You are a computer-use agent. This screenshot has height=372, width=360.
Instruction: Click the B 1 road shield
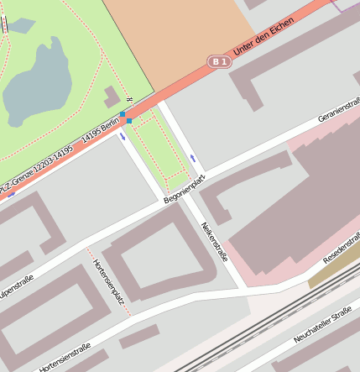219,62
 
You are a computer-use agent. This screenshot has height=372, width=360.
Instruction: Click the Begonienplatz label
185,191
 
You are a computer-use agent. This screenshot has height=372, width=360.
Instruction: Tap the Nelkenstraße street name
215,242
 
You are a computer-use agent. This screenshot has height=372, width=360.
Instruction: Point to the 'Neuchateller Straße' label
323,326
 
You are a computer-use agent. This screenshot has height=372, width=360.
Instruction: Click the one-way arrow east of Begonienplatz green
195,158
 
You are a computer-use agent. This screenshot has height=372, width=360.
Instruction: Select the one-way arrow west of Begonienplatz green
123,135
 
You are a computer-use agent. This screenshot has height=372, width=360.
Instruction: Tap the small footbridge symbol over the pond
8,24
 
